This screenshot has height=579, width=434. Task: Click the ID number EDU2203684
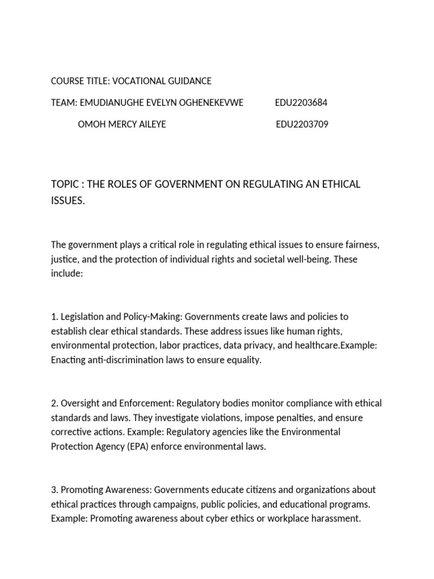[x=301, y=102]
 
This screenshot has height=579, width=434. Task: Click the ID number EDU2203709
[x=302, y=124]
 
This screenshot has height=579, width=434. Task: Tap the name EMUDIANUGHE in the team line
[x=108, y=102]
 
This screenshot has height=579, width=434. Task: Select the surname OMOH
[x=90, y=124]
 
